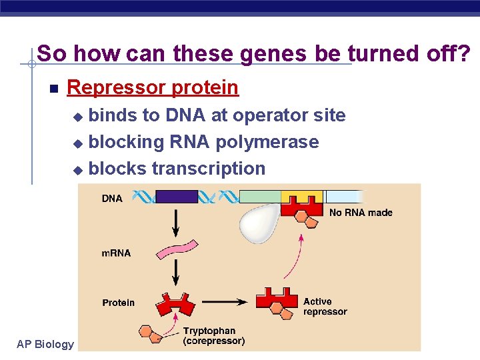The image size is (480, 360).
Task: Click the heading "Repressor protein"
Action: coord(153,87)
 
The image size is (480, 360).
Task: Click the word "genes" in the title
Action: coord(275,53)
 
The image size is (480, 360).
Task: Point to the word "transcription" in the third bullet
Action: coord(209,169)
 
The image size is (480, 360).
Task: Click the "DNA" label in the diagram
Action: coord(112,198)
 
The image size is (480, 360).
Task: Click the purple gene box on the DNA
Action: coord(177,197)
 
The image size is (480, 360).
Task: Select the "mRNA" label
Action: coord(116,253)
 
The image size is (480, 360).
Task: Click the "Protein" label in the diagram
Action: coord(118,303)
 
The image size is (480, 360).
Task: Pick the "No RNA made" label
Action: coord(361,213)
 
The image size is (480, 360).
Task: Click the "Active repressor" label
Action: coord(325,307)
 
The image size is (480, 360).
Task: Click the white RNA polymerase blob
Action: coord(261,223)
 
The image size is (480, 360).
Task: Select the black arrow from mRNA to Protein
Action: coord(176,272)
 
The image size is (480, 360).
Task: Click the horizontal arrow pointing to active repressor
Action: coord(227,302)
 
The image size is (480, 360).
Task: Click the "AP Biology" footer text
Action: coord(45,344)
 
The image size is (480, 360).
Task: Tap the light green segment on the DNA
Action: coord(260,197)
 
